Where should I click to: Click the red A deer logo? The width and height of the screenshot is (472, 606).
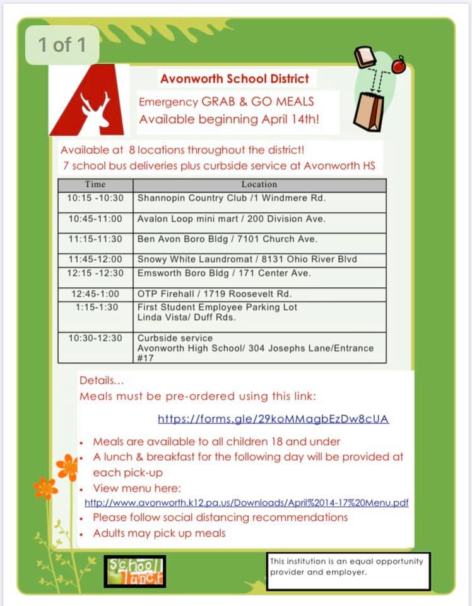click(88, 101)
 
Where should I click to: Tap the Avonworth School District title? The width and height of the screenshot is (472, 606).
click(235, 79)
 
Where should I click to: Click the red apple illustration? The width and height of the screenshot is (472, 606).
click(398, 65)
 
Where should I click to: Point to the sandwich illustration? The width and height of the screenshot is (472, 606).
click(365, 57)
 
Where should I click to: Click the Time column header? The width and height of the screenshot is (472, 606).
click(95, 184)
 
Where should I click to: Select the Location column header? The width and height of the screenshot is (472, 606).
click(259, 184)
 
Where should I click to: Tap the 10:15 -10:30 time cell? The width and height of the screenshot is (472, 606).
click(95, 198)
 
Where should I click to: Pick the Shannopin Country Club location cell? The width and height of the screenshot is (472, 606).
click(232, 198)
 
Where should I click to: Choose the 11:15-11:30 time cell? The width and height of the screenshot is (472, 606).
click(95, 239)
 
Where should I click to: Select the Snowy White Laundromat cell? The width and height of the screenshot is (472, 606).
click(247, 259)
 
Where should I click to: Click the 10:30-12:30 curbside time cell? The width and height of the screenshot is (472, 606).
click(95, 338)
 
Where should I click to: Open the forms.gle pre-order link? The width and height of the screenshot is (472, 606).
click(273, 419)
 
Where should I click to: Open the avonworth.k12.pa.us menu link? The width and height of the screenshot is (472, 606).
click(247, 502)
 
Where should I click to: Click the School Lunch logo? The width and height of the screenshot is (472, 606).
click(134, 571)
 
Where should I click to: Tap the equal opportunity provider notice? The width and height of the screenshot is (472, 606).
click(348, 566)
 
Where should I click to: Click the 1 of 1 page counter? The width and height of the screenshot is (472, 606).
click(62, 45)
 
